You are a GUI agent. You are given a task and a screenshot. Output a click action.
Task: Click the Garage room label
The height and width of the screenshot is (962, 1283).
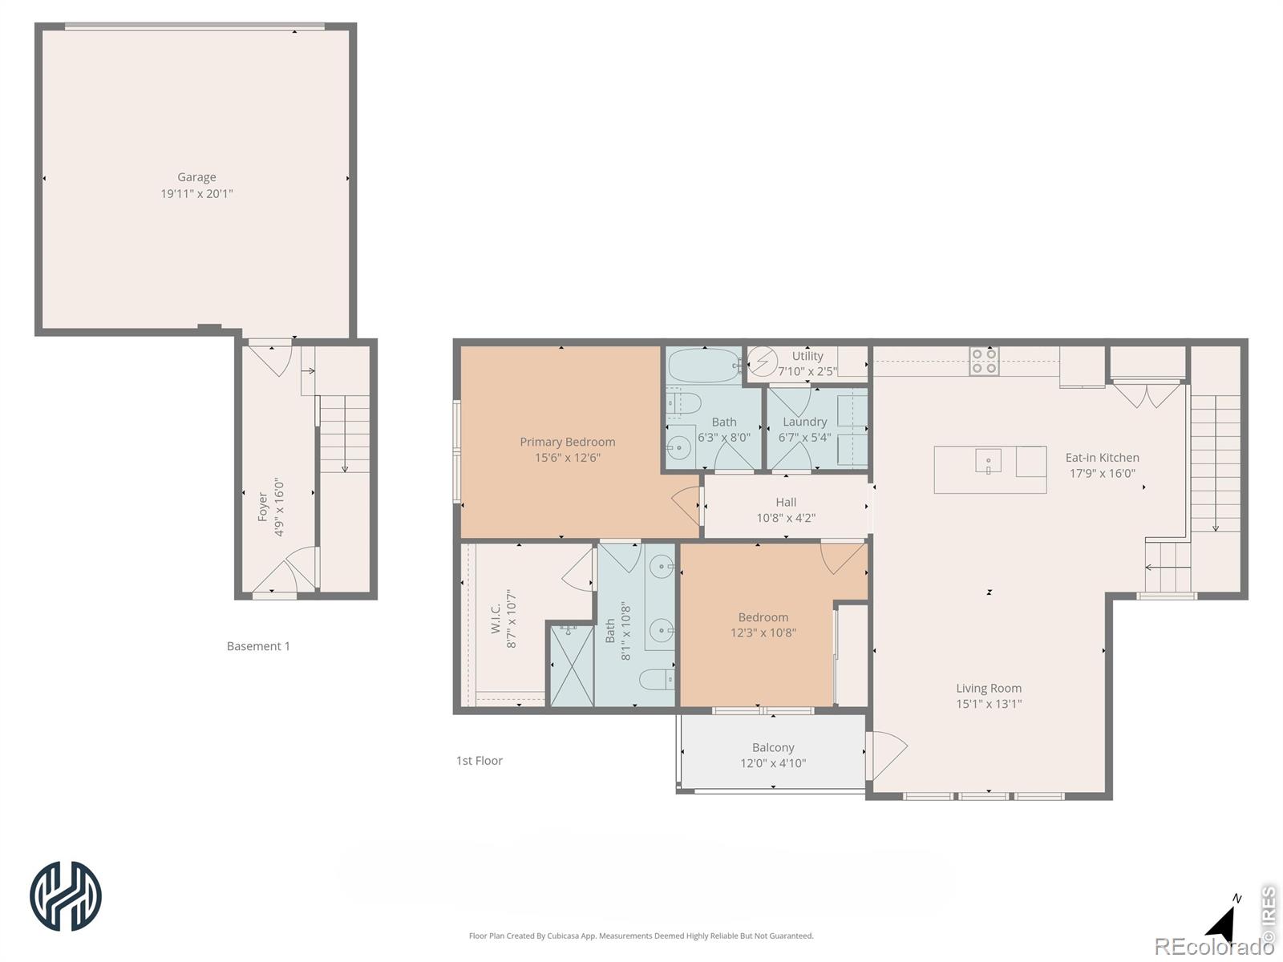coord(196,177)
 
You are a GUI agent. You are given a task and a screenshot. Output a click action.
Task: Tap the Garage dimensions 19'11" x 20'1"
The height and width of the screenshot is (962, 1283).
coord(196,193)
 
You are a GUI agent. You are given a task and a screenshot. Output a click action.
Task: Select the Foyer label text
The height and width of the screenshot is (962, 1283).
coord(262,507)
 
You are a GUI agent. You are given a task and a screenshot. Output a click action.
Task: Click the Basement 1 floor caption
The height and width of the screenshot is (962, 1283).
coord(257,646)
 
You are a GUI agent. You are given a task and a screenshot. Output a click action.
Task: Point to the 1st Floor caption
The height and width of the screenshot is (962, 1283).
coord(480,761)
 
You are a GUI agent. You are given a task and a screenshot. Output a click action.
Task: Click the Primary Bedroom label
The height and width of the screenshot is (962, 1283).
coord(567,443)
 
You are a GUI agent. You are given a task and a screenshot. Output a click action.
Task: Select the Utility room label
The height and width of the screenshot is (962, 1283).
coord(807,356)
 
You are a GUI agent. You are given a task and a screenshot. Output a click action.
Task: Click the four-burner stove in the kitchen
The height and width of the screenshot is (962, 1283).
coord(984,361)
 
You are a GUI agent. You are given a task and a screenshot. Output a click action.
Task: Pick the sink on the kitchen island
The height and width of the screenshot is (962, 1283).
coord(988,462)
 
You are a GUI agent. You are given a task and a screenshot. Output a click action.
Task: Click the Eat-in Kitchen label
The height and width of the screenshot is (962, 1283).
coord(1102,458)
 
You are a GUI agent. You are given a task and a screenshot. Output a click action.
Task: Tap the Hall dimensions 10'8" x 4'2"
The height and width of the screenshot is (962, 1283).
coord(786,518)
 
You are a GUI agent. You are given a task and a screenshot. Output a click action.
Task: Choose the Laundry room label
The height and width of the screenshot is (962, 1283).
coord(804,422)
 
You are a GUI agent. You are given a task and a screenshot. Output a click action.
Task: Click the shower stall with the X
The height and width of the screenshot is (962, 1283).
coord(573,665)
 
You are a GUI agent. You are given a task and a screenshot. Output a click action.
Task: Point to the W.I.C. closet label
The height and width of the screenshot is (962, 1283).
coord(496,619)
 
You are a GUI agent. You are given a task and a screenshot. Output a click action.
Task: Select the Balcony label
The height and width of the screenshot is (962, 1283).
coord(773,748)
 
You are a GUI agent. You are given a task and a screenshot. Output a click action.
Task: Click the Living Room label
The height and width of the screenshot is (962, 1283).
coord(989,689)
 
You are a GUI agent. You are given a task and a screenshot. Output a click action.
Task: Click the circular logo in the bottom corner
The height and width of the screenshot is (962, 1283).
coord(66,896)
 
